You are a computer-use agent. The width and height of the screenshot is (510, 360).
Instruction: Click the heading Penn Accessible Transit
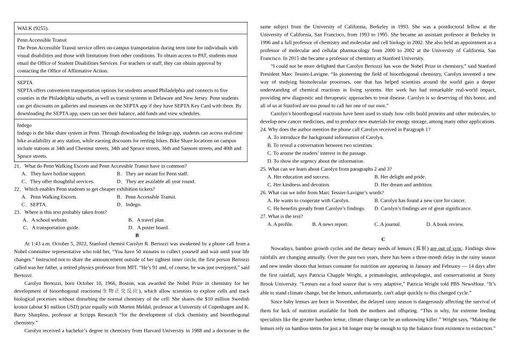pyautogui.click(x=42, y=40)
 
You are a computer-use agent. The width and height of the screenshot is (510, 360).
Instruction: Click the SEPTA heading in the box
pyautogui.click(x=25, y=83)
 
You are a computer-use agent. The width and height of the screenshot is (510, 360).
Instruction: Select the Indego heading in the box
pyautogui.click(x=24, y=125)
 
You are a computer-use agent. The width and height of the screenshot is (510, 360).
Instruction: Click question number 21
pyautogui.click(x=17, y=166)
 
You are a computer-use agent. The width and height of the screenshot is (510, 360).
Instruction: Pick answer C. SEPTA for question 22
pyautogui.click(x=35, y=204)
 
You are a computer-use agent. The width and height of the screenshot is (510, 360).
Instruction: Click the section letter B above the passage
pyautogui.click(x=137, y=235)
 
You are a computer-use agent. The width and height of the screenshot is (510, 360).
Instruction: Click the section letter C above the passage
pyautogui.click(x=383, y=239)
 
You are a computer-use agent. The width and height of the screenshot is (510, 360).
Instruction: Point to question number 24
pyautogui.click(x=263, y=129)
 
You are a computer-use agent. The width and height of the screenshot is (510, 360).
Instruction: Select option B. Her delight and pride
pyautogui.click(x=400, y=177)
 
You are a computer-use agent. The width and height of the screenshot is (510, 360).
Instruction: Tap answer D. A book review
pyautogui.click(x=445, y=224)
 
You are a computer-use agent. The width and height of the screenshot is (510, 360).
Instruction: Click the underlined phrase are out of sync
pyautogui.click(x=446, y=248)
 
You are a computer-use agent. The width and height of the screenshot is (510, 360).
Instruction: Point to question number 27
pyautogui.click(x=263, y=216)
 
